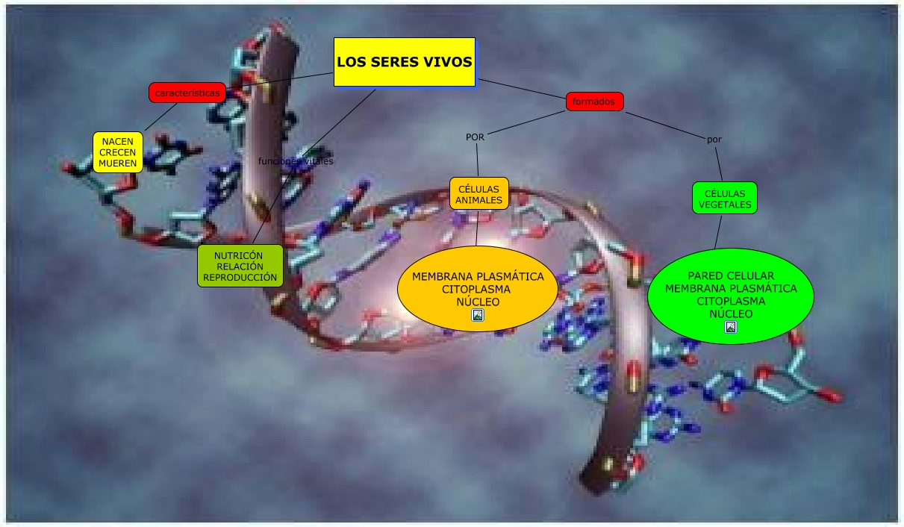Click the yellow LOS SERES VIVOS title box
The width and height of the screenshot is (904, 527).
[404, 62]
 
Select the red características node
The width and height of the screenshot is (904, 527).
[187, 93]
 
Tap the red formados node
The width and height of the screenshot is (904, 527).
[594, 101]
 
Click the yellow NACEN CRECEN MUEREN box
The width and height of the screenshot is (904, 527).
[118, 152]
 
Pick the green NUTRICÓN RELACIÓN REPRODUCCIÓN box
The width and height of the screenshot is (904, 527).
[240, 266]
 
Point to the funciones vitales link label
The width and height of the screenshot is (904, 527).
[296, 160]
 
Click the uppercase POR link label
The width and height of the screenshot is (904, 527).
[475, 137]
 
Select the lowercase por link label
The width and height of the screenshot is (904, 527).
[714, 139]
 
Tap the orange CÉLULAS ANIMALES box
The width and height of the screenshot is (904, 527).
[479, 194]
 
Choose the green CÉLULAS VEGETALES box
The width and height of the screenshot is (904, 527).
[724, 198]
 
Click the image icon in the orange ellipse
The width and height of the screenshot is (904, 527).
[478, 315]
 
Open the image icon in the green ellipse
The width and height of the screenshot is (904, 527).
[731, 326]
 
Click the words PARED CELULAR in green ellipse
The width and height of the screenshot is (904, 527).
[731, 275]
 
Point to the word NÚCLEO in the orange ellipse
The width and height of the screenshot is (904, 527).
[478, 302]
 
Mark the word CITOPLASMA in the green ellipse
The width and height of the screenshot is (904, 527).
[731, 301]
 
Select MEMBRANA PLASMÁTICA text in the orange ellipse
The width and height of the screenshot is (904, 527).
[478, 276]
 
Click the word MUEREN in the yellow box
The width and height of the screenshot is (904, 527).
[118, 163]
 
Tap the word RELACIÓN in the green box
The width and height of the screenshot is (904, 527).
[240, 266]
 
